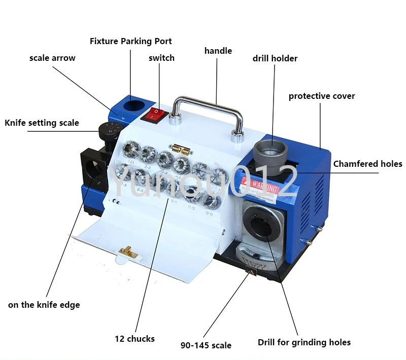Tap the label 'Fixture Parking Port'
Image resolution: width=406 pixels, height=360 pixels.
click(130, 41)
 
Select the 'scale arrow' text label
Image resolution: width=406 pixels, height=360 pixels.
click(52, 58)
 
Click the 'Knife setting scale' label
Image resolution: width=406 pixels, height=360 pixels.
click(42, 123)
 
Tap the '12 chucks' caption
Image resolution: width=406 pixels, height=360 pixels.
click(134, 338)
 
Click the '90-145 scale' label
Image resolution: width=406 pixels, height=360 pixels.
click(206, 345)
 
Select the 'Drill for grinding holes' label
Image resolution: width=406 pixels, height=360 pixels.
click(304, 342)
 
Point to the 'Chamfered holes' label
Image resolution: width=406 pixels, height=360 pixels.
click(367, 164)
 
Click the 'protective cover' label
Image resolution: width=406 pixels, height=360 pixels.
click(322, 96)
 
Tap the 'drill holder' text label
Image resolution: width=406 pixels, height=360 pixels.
click(275, 58)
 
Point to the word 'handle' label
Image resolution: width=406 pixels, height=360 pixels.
click(218, 51)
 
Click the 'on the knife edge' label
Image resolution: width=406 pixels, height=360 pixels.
click(44, 305)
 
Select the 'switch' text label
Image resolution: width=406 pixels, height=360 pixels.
click(161, 58)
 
